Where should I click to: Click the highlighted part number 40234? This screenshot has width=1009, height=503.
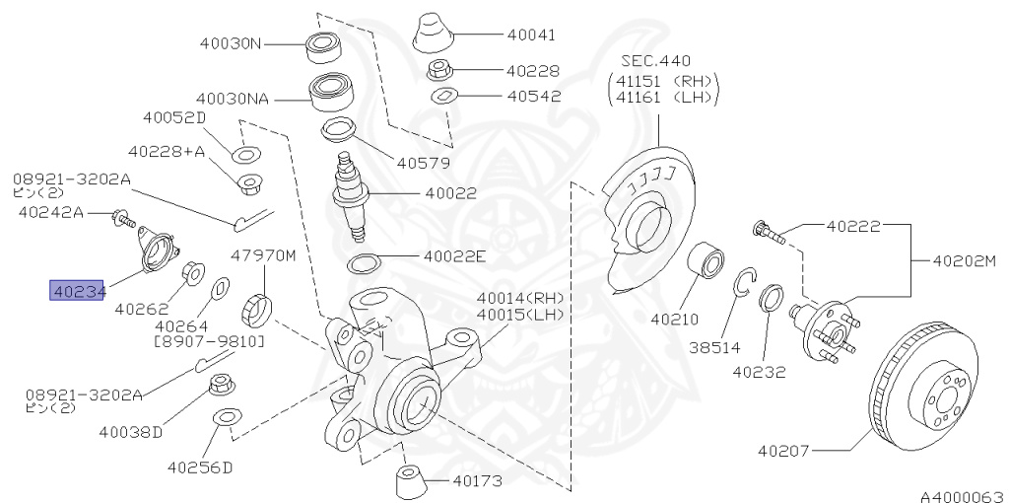pos(78,291)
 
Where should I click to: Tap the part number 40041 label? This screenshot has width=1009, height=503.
pos(531,35)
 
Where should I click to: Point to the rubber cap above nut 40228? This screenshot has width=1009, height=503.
pos(434,34)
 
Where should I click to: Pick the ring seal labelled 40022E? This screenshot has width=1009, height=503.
pos(365,263)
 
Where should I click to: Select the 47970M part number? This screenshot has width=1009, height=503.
pos(263,255)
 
